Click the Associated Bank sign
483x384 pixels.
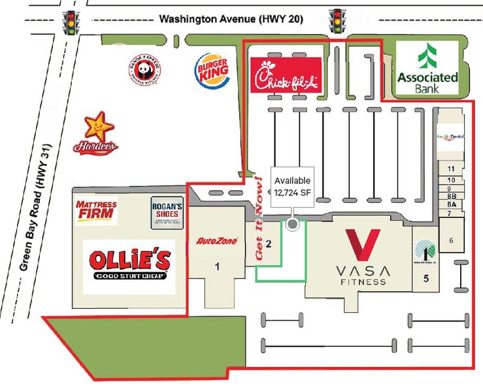click(x=428, y=68)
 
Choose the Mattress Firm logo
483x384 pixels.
click(x=96, y=212)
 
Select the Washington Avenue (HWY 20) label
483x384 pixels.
click(x=231, y=20)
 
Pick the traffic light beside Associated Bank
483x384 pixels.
click(x=338, y=20)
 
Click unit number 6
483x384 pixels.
click(x=450, y=240)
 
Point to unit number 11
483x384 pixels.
click(x=450, y=168)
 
